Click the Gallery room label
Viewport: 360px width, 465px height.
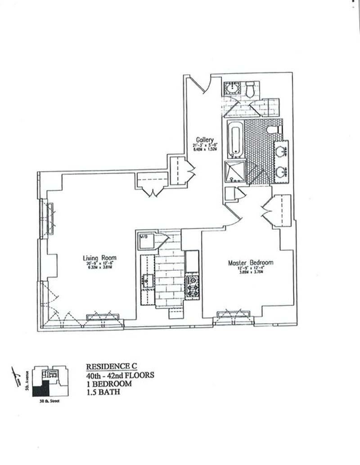pyautogui.click(x=205, y=139)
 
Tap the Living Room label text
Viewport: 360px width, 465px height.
pyautogui.click(x=99, y=258)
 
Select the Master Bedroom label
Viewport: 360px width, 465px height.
pyautogui.click(x=251, y=263)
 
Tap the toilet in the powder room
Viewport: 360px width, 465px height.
pyautogui.click(x=251, y=89)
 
